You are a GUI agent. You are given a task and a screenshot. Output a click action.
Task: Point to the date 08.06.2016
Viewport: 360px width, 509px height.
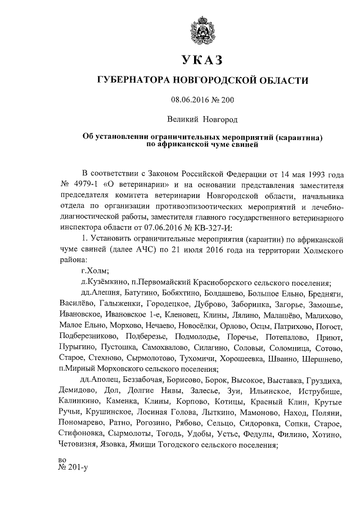click(x=190, y=101)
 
